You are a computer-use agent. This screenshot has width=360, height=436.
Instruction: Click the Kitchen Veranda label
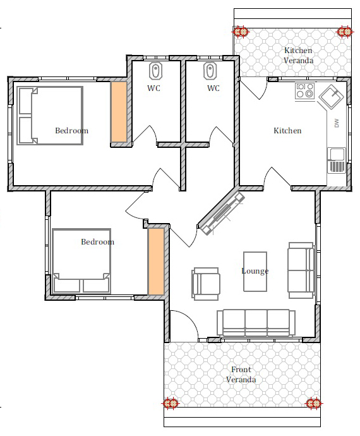(298, 56)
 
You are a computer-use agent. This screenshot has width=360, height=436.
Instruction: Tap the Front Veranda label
(241, 374)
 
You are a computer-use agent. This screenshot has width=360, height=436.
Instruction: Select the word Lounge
(255, 271)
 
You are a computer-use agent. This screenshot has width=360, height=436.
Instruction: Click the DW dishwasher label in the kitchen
(337, 123)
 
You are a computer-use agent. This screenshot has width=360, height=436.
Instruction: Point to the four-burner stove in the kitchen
(304, 90)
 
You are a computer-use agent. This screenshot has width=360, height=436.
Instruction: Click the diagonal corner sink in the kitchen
(331, 97)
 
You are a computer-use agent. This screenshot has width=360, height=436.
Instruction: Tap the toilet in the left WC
(155, 71)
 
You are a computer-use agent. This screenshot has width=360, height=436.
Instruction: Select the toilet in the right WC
(210, 71)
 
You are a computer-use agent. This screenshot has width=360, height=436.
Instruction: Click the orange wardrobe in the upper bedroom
(119, 112)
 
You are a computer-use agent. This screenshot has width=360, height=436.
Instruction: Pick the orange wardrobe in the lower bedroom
(155, 262)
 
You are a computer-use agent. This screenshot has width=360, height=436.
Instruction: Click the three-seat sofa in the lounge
(256, 323)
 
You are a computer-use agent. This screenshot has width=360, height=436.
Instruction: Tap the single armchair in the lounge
(206, 284)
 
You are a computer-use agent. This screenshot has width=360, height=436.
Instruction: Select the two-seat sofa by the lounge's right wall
(301, 270)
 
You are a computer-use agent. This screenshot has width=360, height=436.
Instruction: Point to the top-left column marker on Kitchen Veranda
(241, 32)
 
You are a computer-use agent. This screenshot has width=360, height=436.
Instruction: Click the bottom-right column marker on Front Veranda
(313, 403)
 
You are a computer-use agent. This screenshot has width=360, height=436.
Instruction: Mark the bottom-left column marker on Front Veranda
(170, 403)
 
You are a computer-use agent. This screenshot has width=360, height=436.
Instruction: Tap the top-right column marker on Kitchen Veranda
(345, 32)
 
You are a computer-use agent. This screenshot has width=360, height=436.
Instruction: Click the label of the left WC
(153, 88)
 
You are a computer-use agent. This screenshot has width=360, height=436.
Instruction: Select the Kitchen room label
(287, 130)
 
